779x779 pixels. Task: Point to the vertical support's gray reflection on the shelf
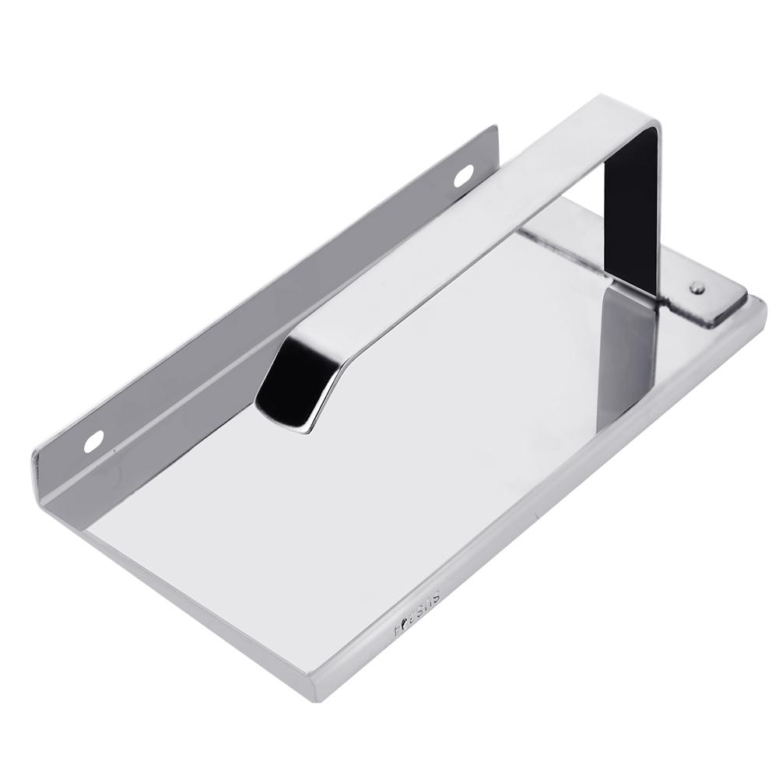623,342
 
